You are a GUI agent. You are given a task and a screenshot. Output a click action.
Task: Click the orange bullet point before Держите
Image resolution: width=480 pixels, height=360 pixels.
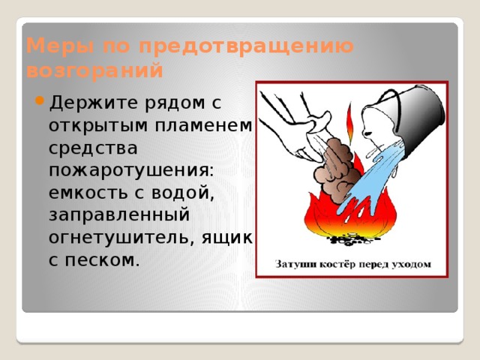pos(40,100)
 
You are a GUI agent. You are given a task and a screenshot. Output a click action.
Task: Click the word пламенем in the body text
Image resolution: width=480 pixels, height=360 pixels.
pos(203,125)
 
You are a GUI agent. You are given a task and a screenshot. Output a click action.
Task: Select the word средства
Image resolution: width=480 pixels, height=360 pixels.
pos(93,148)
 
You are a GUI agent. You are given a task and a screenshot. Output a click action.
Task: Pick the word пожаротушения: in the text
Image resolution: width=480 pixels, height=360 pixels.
pos(131,170)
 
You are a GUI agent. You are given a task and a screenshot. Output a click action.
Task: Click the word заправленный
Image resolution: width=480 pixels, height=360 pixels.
pos(119,215)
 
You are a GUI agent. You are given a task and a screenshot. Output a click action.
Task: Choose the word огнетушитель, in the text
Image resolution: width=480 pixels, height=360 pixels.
pos(121,238)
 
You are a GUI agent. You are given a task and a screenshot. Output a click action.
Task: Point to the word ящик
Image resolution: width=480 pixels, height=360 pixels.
pos(226,238)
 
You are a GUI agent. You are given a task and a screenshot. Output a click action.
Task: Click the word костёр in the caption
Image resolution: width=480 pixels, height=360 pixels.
pos(338,264)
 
